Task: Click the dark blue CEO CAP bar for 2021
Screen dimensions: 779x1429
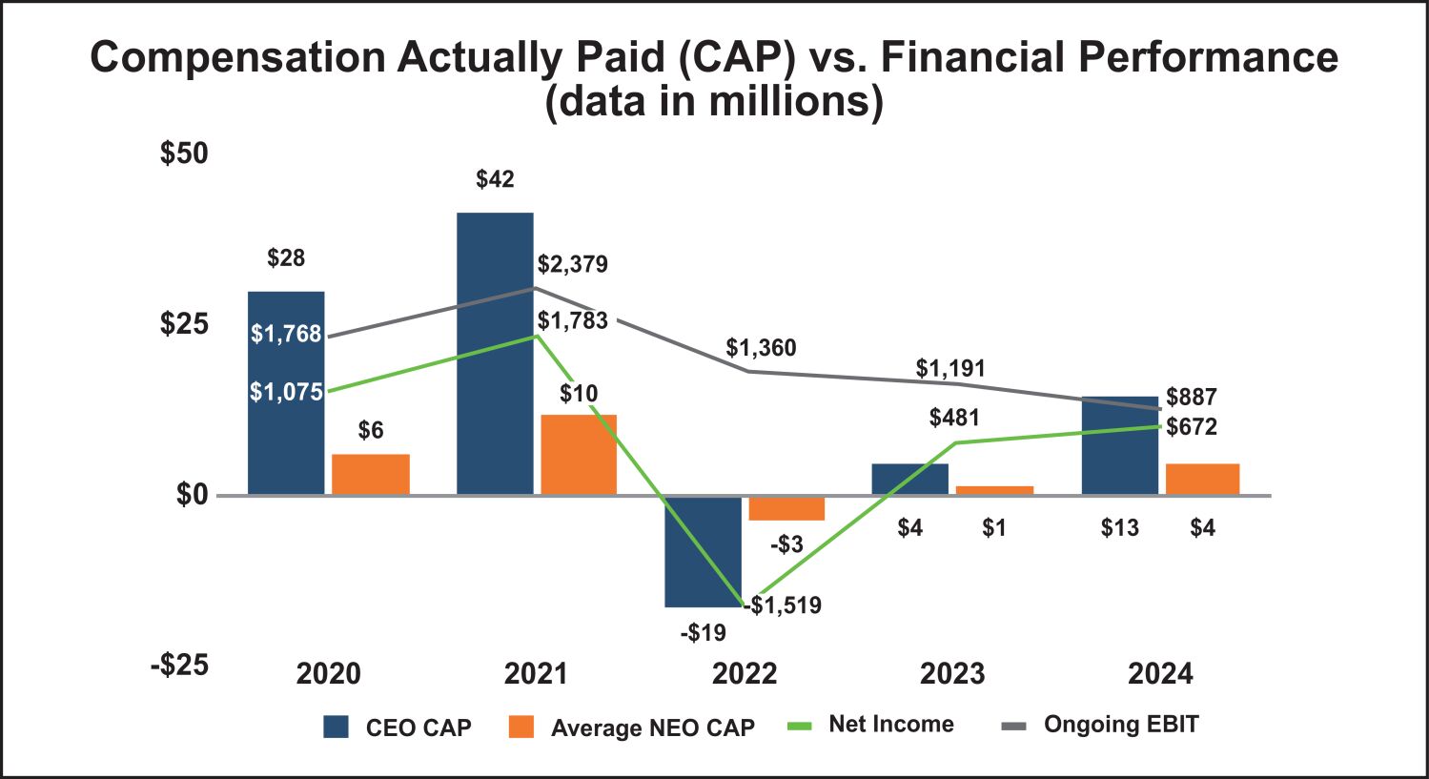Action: pos(495,353)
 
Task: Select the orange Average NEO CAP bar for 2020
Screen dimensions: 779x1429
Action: pos(371,474)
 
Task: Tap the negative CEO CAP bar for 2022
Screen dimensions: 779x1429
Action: pos(703,551)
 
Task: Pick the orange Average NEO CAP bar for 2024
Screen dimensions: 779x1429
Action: pos(1202,479)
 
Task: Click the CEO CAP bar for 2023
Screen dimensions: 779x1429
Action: pos(909,479)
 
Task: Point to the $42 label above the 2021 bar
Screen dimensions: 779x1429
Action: pos(495,179)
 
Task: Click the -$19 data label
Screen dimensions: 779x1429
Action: pos(703,632)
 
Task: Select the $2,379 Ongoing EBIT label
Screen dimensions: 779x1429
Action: pos(572,264)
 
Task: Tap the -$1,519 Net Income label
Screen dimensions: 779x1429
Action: pos(786,605)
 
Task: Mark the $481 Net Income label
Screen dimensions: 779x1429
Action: pos(954,418)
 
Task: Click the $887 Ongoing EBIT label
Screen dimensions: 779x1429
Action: pos(1192,397)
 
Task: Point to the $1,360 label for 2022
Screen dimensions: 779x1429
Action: pos(761,348)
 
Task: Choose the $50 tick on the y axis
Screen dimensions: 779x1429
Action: pos(184,154)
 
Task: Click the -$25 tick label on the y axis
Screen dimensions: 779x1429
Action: pos(179,665)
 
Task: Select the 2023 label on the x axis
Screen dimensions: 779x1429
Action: pos(952,674)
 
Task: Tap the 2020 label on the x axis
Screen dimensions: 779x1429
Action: pos(328,674)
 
